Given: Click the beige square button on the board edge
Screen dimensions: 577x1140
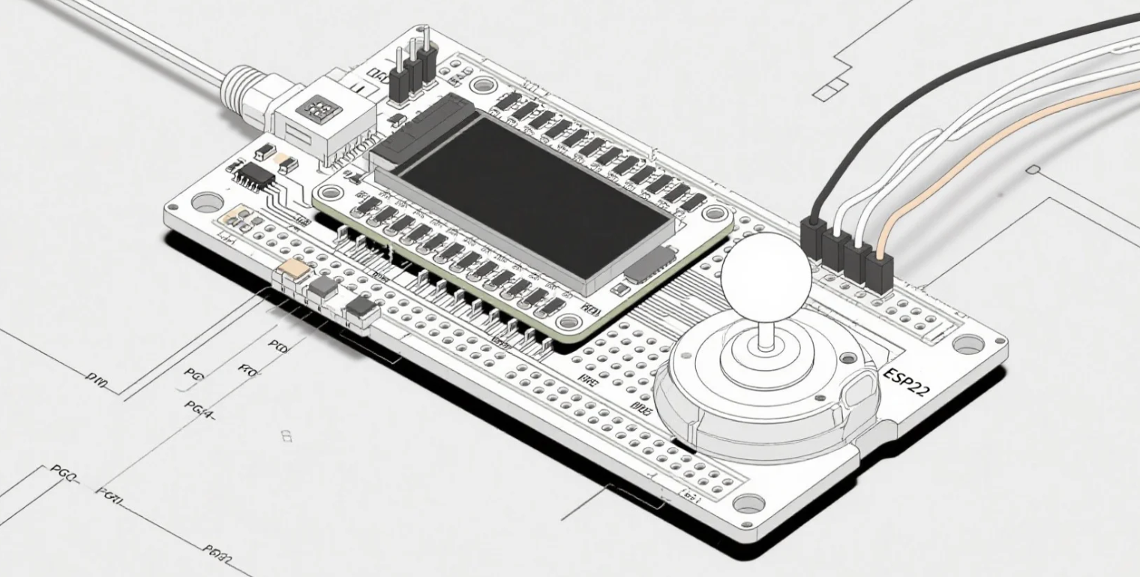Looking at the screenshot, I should [292, 272].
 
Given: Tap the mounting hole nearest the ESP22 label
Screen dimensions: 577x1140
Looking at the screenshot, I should [967, 344].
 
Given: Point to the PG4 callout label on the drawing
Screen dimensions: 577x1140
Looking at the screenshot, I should [199, 407].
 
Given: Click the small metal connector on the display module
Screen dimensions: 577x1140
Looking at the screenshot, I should [650, 263].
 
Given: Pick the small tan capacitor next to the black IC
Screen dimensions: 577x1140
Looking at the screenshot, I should [286, 161].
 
